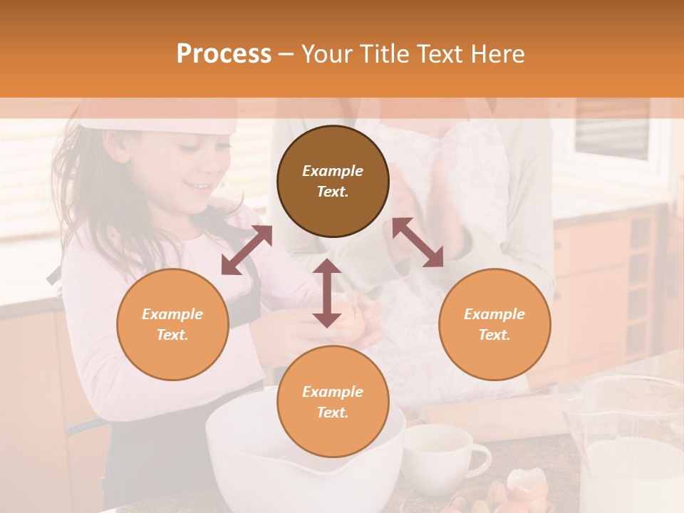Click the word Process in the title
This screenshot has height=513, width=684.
click(x=224, y=54)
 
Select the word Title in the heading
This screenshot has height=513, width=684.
click(x=383, y=54)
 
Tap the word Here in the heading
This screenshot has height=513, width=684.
click(x=499, y=54)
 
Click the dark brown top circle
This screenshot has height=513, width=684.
click(x=333, y=181)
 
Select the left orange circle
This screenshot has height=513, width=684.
click(x=172, y=324)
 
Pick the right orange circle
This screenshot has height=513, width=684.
click(x=494, y=324)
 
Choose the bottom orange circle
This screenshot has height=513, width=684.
click(x=333, y=402)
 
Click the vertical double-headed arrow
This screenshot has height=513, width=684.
click(x=327, y=293)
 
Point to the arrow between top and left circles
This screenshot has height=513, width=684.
click(x=247, y=250)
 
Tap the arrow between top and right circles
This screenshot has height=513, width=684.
click(x=418, y=242)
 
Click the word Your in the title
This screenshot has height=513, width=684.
click(x=327, y=54)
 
